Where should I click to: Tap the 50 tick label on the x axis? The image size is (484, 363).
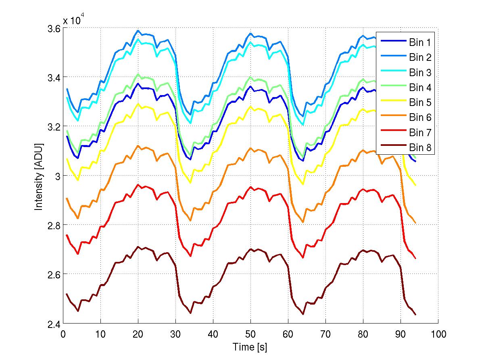tap(250, 334)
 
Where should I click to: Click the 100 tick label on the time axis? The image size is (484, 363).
tap(438, 334)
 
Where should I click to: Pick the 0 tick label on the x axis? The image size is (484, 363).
tap(63, 334)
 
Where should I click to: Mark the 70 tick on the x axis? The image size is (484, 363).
tap(325, 334)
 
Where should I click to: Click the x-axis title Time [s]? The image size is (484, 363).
tap(250, 347)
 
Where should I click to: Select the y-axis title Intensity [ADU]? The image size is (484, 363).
tap(39, 176)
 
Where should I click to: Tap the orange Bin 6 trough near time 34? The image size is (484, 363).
tap(190, 220)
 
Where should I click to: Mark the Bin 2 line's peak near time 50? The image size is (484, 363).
tap(250, 33)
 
